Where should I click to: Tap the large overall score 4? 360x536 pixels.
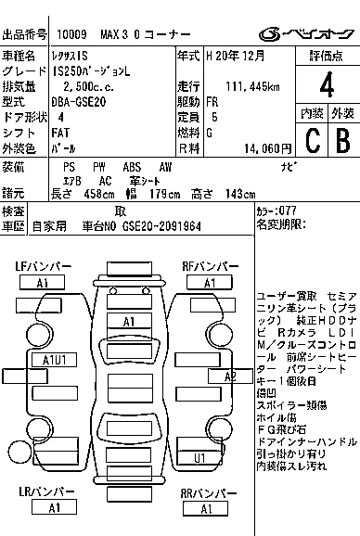click(x=326, y=84)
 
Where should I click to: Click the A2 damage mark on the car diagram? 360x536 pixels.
click(x=231, y=376)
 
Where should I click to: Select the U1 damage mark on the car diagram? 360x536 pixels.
click(x=200, y=457)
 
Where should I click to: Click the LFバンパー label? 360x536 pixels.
click(x=43, y=266)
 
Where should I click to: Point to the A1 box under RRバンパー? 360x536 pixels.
click(x=210, y=507)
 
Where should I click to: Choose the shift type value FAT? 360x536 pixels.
click(x=64, y=133)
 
